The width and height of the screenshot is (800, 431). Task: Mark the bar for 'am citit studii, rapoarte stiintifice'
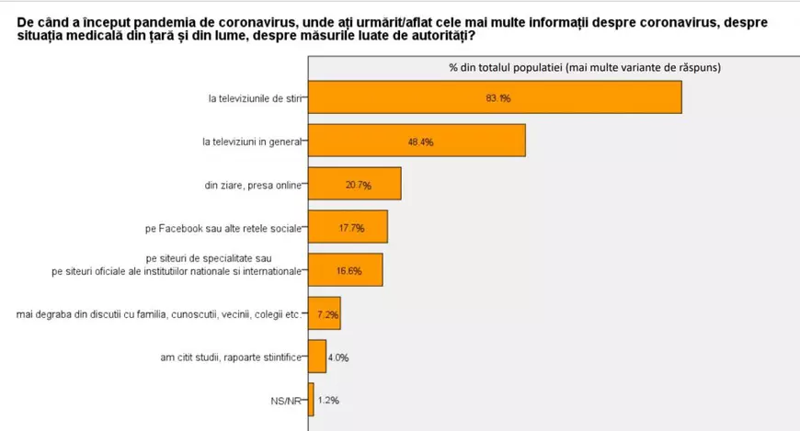point(316,357)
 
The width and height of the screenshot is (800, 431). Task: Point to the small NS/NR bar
point(311,400)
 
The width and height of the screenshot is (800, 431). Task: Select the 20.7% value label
point(359,185)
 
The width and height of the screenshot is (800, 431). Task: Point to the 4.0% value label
point(338,357)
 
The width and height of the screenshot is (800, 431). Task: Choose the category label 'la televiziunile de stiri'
point(254,97)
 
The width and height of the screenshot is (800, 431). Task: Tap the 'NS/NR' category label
point(285,401)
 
